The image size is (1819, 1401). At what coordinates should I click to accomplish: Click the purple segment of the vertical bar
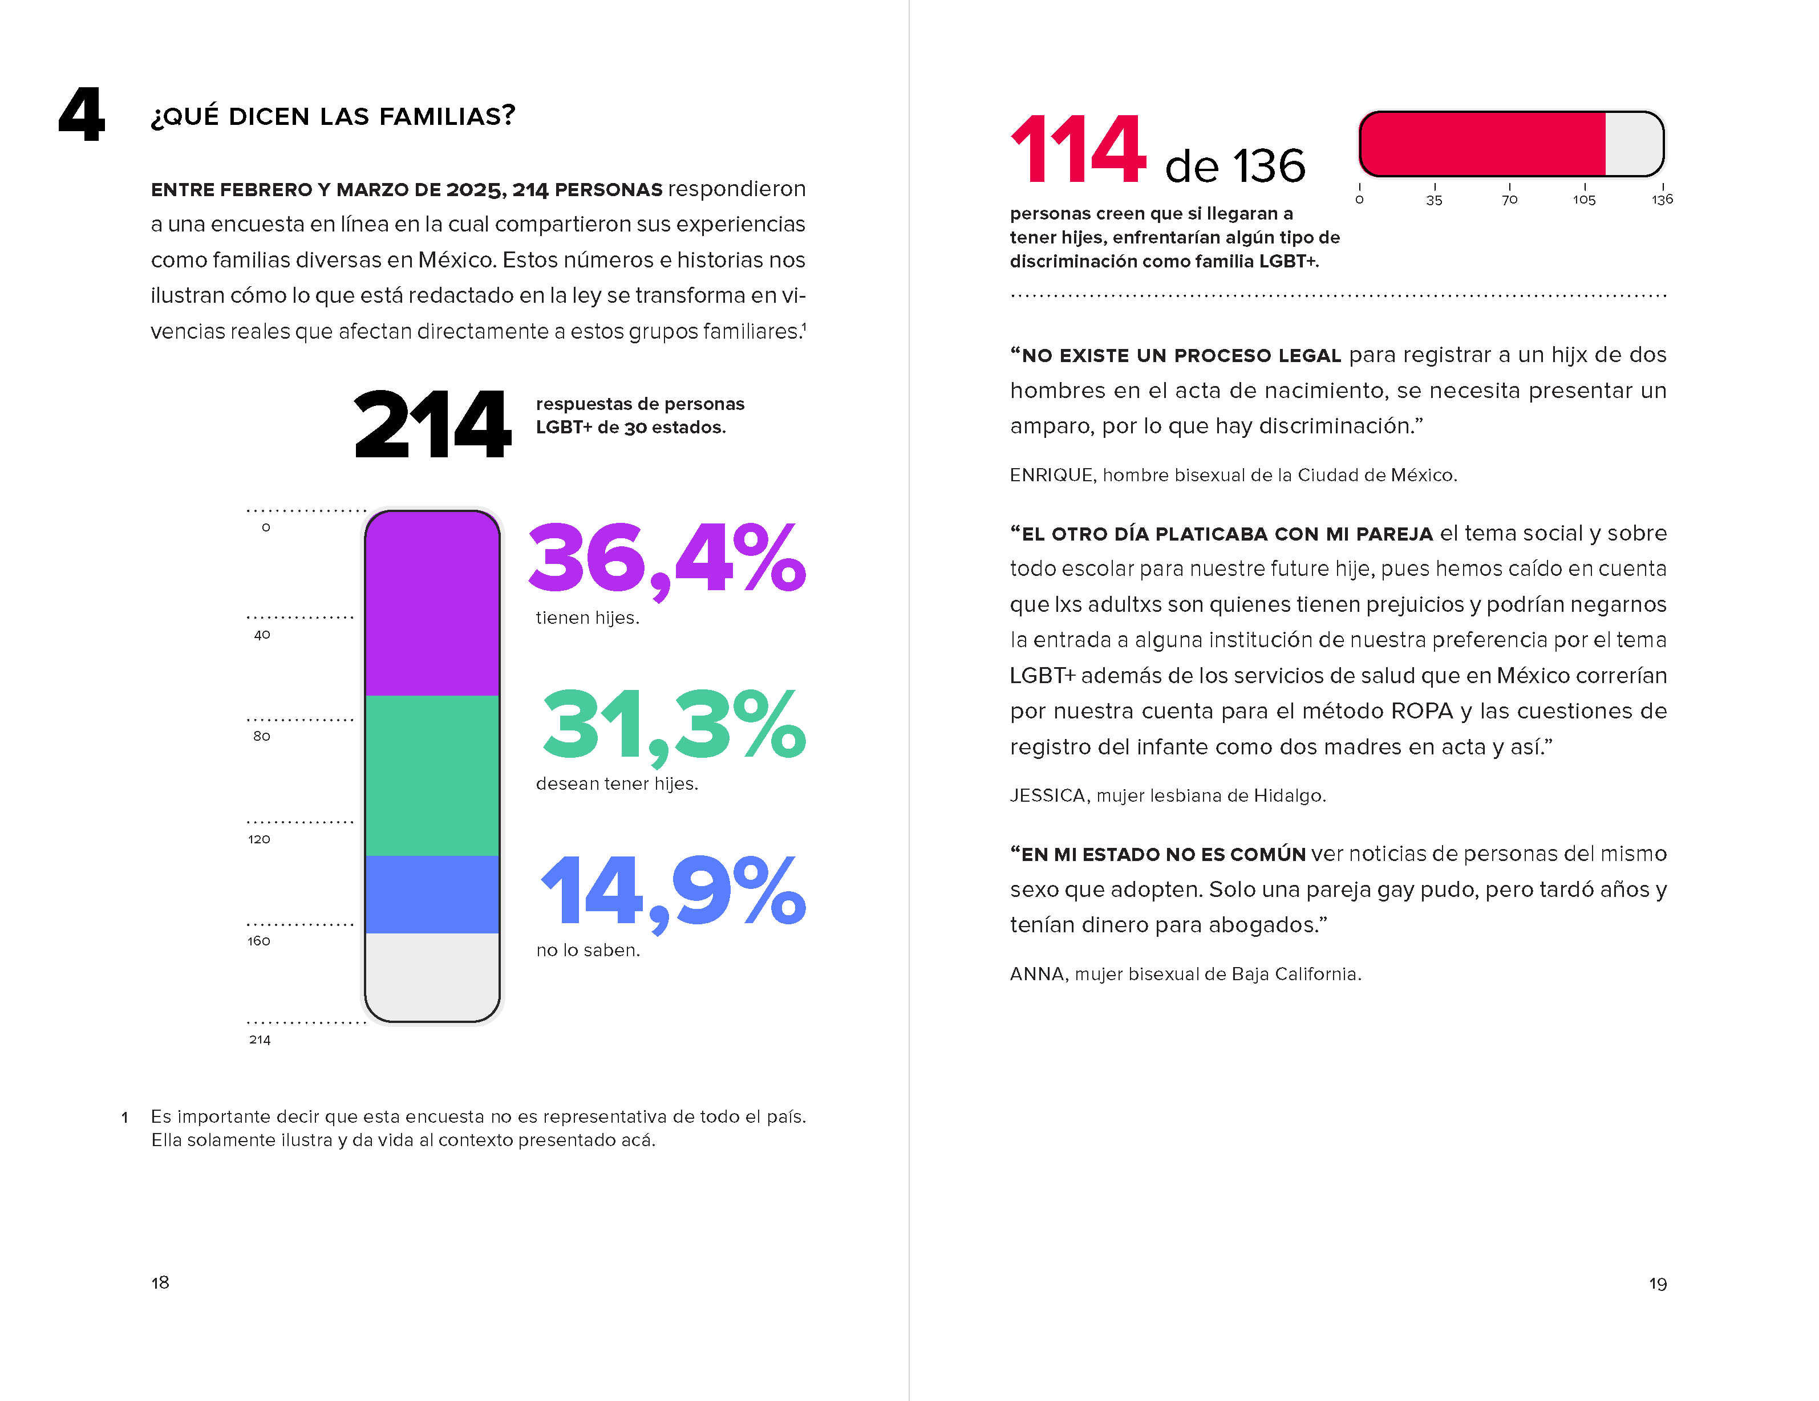[432, 603]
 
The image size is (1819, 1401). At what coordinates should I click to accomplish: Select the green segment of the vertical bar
[432, 775]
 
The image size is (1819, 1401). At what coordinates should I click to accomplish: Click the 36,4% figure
[666, 558]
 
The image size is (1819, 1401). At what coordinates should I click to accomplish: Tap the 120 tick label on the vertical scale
[259, 839]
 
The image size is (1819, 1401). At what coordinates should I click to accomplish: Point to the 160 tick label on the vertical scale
[259, 941]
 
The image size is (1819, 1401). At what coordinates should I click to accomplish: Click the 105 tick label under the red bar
[1584, 200]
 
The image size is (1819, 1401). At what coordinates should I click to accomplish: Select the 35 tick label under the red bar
[1434, 200]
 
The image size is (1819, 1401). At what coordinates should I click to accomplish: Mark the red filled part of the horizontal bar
[1482, 144]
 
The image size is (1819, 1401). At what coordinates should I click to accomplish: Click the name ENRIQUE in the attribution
[1052, 476]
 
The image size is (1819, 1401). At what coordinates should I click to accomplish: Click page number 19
[1658, 1284]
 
